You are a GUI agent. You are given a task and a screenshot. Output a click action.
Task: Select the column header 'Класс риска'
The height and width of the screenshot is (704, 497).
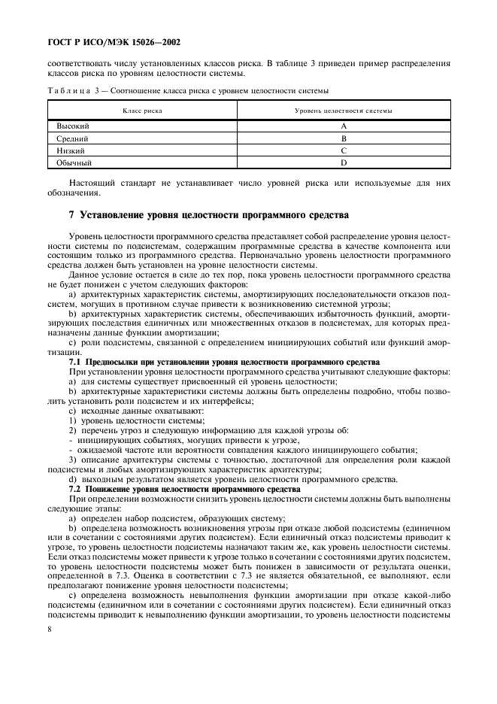tap(142, 111)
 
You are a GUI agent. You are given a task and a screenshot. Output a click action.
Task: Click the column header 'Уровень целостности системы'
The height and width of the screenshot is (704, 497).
tap(343, 111)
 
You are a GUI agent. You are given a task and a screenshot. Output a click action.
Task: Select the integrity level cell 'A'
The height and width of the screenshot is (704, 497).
tap(343, 126)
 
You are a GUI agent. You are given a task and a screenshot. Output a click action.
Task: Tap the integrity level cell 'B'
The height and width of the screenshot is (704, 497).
tap(343, 138)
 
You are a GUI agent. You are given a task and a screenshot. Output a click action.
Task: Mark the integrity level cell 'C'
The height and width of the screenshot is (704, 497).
tap(343, 150)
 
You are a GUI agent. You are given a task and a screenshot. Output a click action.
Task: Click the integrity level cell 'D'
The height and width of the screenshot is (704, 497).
tap(343, 162)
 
